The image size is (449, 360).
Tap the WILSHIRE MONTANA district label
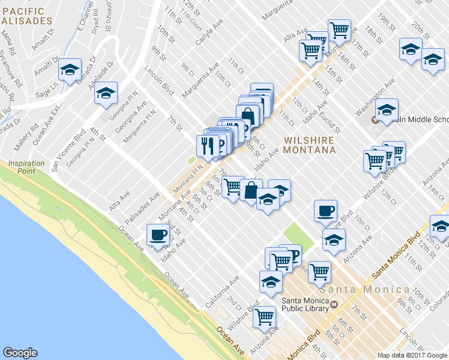309,145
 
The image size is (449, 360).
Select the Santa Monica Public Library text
305,304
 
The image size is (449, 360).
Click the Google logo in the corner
20,353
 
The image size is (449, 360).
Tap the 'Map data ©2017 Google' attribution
412,355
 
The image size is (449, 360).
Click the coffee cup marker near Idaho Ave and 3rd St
158,235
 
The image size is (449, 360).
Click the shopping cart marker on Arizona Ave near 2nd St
264,316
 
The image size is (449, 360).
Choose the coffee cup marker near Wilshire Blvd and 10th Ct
325,210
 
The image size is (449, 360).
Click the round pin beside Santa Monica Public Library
335,304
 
